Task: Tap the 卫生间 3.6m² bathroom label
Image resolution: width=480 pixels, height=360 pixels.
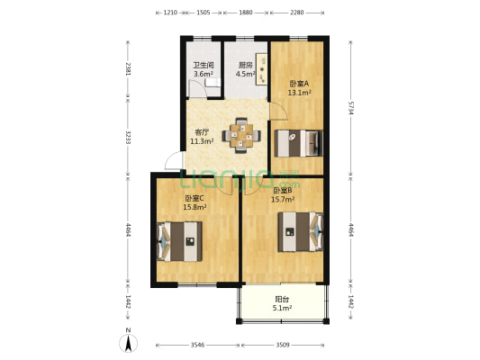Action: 204,69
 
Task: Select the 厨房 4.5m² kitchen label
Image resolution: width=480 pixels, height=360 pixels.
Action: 246,69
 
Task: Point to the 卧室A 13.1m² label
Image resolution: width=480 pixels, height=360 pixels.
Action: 299,88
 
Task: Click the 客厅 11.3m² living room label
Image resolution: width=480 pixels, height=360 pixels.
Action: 202,137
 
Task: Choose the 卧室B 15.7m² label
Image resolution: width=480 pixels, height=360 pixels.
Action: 283,194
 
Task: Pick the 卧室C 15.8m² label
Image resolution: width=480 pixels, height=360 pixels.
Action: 195,202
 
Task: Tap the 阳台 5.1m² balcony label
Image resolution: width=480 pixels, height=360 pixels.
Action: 282,303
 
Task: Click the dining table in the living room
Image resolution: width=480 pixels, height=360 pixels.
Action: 241,135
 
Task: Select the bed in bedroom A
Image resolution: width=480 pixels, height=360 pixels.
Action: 298,143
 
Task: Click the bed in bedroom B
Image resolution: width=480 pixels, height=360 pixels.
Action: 301,232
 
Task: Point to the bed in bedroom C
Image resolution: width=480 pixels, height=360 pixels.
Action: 179,241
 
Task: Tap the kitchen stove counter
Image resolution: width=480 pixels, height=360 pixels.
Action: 262,69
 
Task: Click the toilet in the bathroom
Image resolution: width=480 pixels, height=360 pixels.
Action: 213,83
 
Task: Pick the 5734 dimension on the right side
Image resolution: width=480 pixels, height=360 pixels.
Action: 351,108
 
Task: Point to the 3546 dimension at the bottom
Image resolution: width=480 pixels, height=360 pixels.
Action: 197,345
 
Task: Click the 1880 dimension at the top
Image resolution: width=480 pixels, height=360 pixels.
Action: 246,13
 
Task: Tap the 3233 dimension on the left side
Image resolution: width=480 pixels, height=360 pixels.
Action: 128,138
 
